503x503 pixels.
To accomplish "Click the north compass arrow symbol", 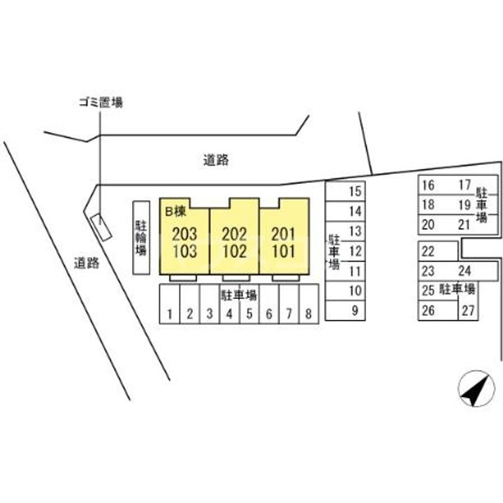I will pos(473,389).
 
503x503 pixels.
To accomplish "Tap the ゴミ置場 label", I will pos(100,103).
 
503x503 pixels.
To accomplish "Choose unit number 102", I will pos(235,250).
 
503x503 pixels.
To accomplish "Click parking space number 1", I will pos(170,314).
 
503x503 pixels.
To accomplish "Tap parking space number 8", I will pos(308,314).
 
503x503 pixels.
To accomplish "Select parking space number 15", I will pos(355,191).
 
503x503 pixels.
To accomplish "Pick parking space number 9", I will pos(355,311).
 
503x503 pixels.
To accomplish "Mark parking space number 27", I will pos(468,311).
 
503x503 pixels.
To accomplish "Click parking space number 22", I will pos(429,252).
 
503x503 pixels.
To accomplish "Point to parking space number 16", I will pos(429,186).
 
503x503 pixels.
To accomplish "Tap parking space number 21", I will pos(464,224).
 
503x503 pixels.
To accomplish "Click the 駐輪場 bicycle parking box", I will pos(141,238).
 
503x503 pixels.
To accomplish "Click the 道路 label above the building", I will pos(217,160).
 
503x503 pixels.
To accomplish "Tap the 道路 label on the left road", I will pos(87,263).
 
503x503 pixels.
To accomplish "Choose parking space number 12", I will pos(355,251).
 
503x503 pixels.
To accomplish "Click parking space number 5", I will pos(249,314).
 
